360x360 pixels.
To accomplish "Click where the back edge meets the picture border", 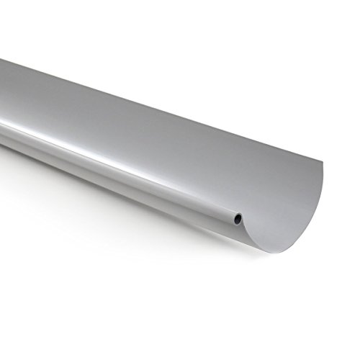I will (1, 59).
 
